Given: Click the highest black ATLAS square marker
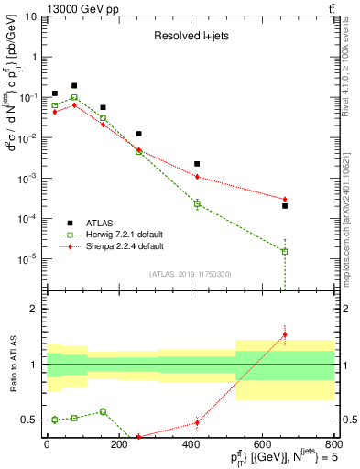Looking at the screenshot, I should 74,85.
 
